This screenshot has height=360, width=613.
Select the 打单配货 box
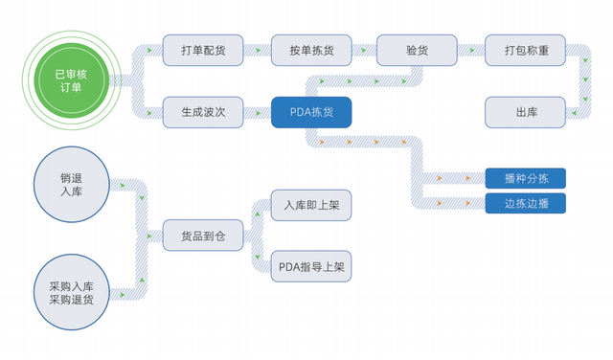[x=203, y=49]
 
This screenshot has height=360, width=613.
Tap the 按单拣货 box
[x=311, y=49]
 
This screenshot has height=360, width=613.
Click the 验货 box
[x=417, y=49]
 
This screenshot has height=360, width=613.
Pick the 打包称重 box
[x=526, y=49]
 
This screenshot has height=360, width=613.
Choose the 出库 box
[x=526, y=112]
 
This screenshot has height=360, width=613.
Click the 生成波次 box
[x=203, y=112]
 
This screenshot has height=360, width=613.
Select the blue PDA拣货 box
[x=311, y=112]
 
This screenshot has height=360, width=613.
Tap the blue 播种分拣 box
[x=526, y=178]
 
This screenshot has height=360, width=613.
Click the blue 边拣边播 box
[x=526, y=203]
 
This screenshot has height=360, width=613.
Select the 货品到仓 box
[x=203, y=235]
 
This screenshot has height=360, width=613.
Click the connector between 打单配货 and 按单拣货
[x=257, y=49]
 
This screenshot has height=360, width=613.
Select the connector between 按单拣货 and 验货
[x=364, y=49]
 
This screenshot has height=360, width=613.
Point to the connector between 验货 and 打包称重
[x=471, y=49]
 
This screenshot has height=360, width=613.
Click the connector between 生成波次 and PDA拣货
[x=257, y=112]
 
